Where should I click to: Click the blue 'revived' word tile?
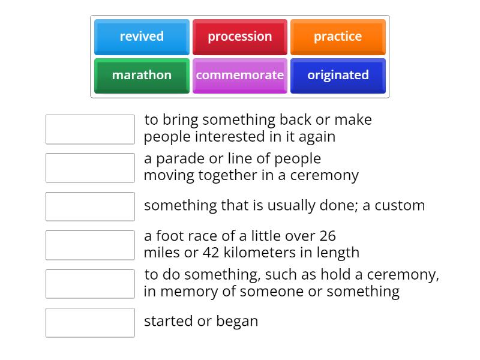142,37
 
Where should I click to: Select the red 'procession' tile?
239,37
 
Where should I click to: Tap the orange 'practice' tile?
338,37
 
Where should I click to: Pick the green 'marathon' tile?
142,75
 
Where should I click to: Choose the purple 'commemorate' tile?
239,75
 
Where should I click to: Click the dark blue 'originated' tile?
338,75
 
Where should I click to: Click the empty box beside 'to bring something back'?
90,130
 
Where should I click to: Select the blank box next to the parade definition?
90,168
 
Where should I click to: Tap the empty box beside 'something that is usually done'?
90,206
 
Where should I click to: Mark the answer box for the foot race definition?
90,245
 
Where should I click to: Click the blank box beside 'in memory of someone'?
90,284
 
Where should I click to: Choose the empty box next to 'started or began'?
90,322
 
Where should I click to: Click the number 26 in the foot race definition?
327,236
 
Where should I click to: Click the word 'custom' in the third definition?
401,205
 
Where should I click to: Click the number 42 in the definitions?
211,253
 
